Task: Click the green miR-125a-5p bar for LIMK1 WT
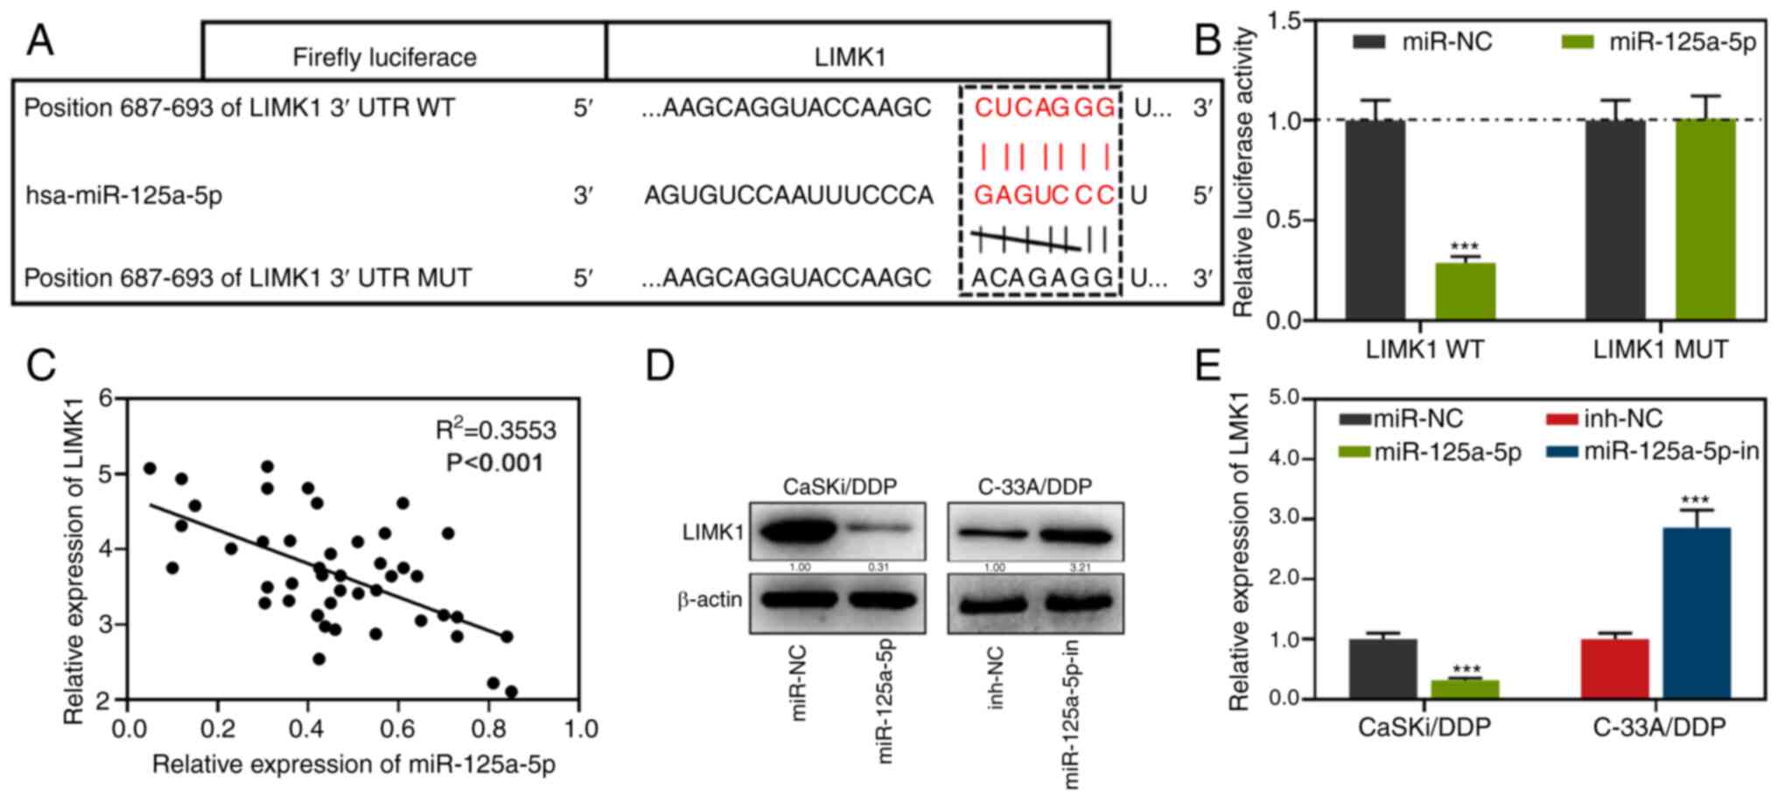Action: point(1465,291)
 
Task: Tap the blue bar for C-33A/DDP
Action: point(1696,613)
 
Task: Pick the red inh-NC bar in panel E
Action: point(1614,669)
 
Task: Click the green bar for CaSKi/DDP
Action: point(1465,689)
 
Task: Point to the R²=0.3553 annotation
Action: point(495,429)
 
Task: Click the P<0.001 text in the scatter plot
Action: point(494,462)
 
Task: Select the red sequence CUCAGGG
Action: point(1045,109)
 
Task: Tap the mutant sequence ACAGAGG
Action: point(1041,277)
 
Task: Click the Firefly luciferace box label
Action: point(384,58)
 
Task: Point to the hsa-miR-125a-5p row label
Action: point(123,194)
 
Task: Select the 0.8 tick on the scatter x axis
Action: point(487,728)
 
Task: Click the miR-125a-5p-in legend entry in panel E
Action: point(1670,452)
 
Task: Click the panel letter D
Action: point(660,365)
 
